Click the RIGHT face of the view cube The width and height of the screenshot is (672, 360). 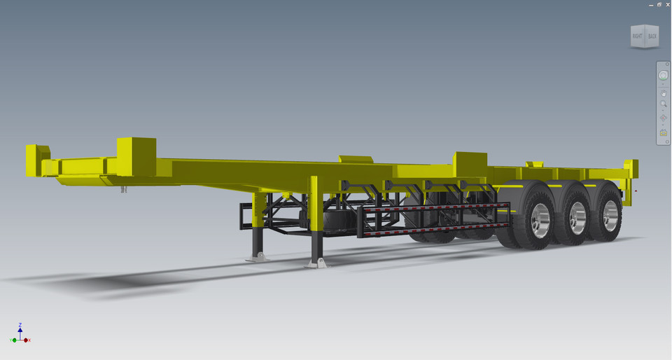click(x=637, y=36)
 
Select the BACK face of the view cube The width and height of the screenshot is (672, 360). click(x=652, y=36)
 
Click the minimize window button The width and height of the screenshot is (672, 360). click(x=651, y=5)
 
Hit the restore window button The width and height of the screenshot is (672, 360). click(x=659, y=5)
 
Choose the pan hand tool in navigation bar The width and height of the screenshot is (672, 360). click(x=663, y=92)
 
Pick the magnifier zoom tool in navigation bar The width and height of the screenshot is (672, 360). click(x=663, y=104)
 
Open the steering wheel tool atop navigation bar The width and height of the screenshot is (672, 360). click(x=663, y=75)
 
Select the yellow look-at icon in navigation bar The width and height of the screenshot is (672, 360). click(x=663, y=132)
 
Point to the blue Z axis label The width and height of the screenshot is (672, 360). click(x=20, y=325)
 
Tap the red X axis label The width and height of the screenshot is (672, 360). click(x=29, y=340)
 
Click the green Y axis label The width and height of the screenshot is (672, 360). click(x=12, y=340)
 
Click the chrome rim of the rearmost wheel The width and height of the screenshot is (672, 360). click(x=611, y=216)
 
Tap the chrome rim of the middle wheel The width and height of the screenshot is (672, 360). click(x=577, y=219)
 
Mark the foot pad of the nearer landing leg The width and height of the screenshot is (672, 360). click(x=316, y=263)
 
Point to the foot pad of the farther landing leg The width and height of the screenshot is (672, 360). click(x=258, y=257)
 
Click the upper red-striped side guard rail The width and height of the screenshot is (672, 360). click(x=434, y=208)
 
